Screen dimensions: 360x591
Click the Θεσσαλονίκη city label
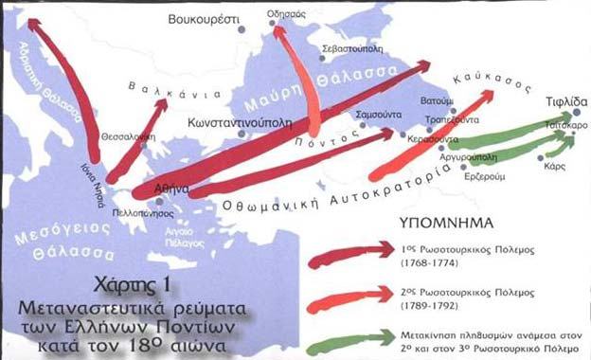tap(128, 135)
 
